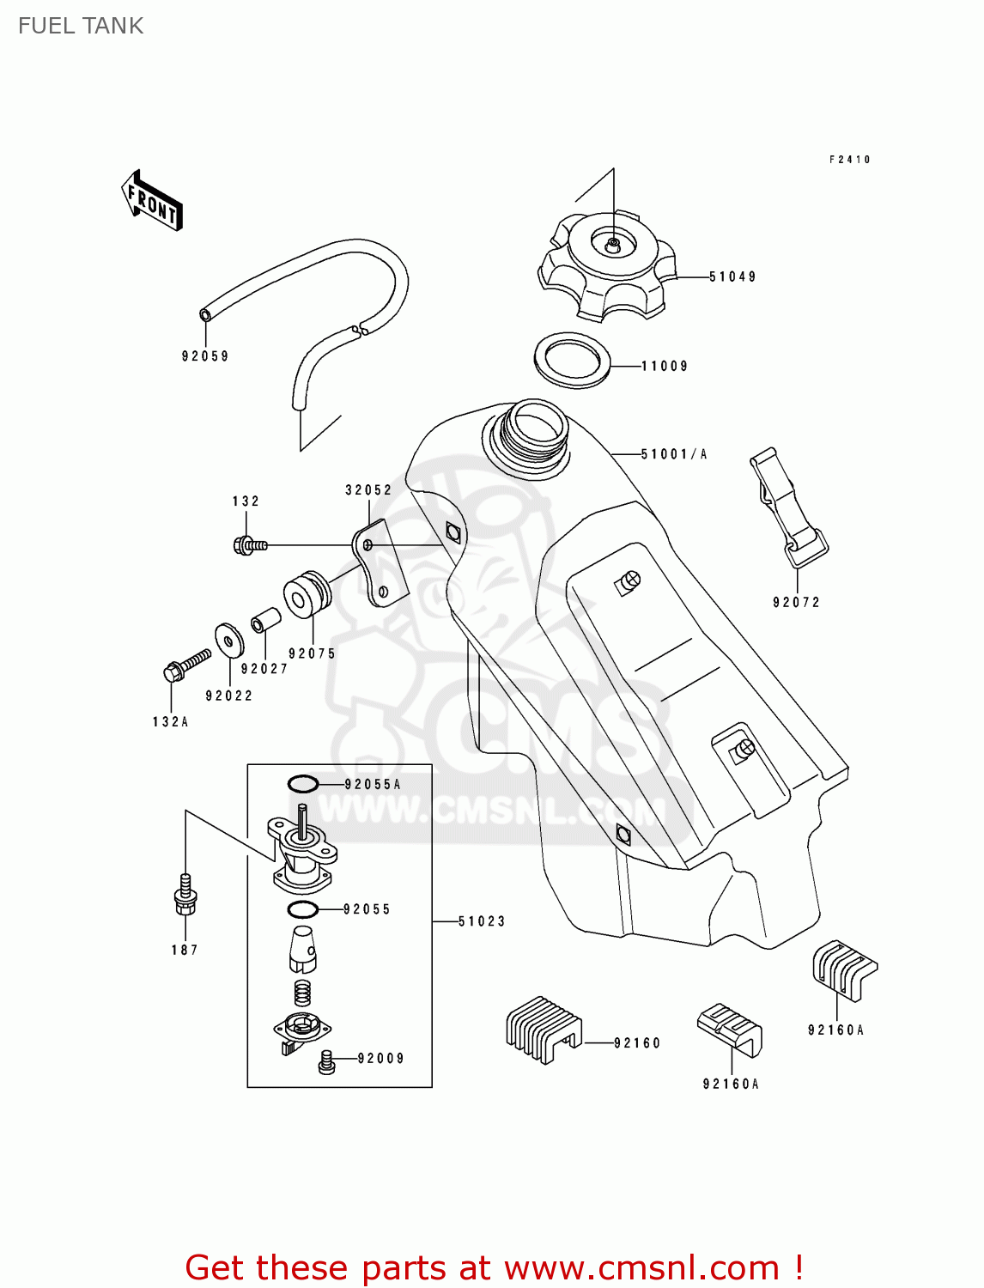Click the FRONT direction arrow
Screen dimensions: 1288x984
click(x=152, y=202)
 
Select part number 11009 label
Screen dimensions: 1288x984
click(x=665, y=366)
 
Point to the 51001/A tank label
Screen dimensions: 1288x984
click(x=673, y=454)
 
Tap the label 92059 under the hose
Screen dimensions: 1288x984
click(x=205, y=355)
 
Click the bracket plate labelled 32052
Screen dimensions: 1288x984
click(x=379, y=563)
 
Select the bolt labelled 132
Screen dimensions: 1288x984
click(x=249, y=545)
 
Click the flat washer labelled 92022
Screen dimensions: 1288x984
click(x=228, y=639)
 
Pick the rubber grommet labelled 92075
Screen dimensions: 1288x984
click(x=306, y=594)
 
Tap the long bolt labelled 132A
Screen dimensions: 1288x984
click(x=185, y=666)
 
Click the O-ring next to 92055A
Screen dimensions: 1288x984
click(x=302, y=784)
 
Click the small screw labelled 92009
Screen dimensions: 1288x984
click(x=325, y=1061)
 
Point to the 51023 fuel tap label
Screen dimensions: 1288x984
click(x=482, y=921)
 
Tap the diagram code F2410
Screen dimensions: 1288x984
click(x=850, y=160)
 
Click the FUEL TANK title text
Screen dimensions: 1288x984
click(x=81, y=26)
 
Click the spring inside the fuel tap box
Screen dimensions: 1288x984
click(x=302, y=993)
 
